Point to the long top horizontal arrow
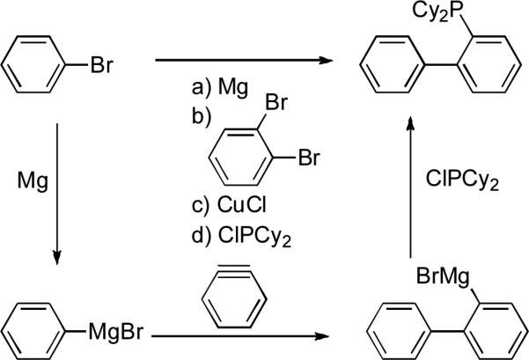coord(246,61)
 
